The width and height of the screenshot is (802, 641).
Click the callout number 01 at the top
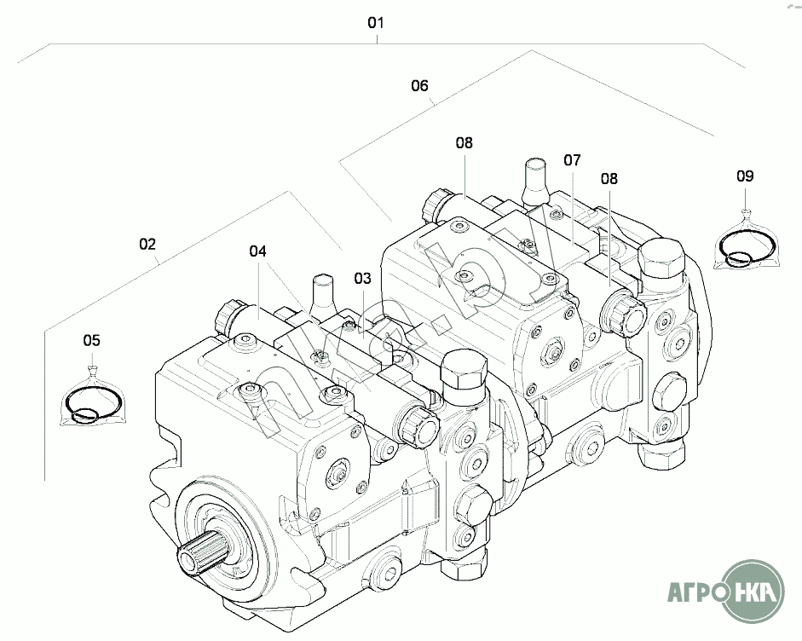point(375,22)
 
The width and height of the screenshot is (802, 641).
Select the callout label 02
point(147,244)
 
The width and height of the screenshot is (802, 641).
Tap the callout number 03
point(362,279)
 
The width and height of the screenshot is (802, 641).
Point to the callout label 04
point(257,251)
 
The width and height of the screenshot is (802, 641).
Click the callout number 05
point(92,340)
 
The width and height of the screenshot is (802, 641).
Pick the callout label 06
point(419,85)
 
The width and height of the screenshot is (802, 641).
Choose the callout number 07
point(573,160)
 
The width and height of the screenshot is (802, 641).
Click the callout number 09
point(745,176)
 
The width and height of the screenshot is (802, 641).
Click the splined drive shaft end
point(199,555)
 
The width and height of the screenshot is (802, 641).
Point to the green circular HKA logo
point(755,592)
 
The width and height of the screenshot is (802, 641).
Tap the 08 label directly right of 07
point(609,178)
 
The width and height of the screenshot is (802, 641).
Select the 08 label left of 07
point(464,142)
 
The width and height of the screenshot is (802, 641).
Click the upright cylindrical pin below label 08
point(534,182)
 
